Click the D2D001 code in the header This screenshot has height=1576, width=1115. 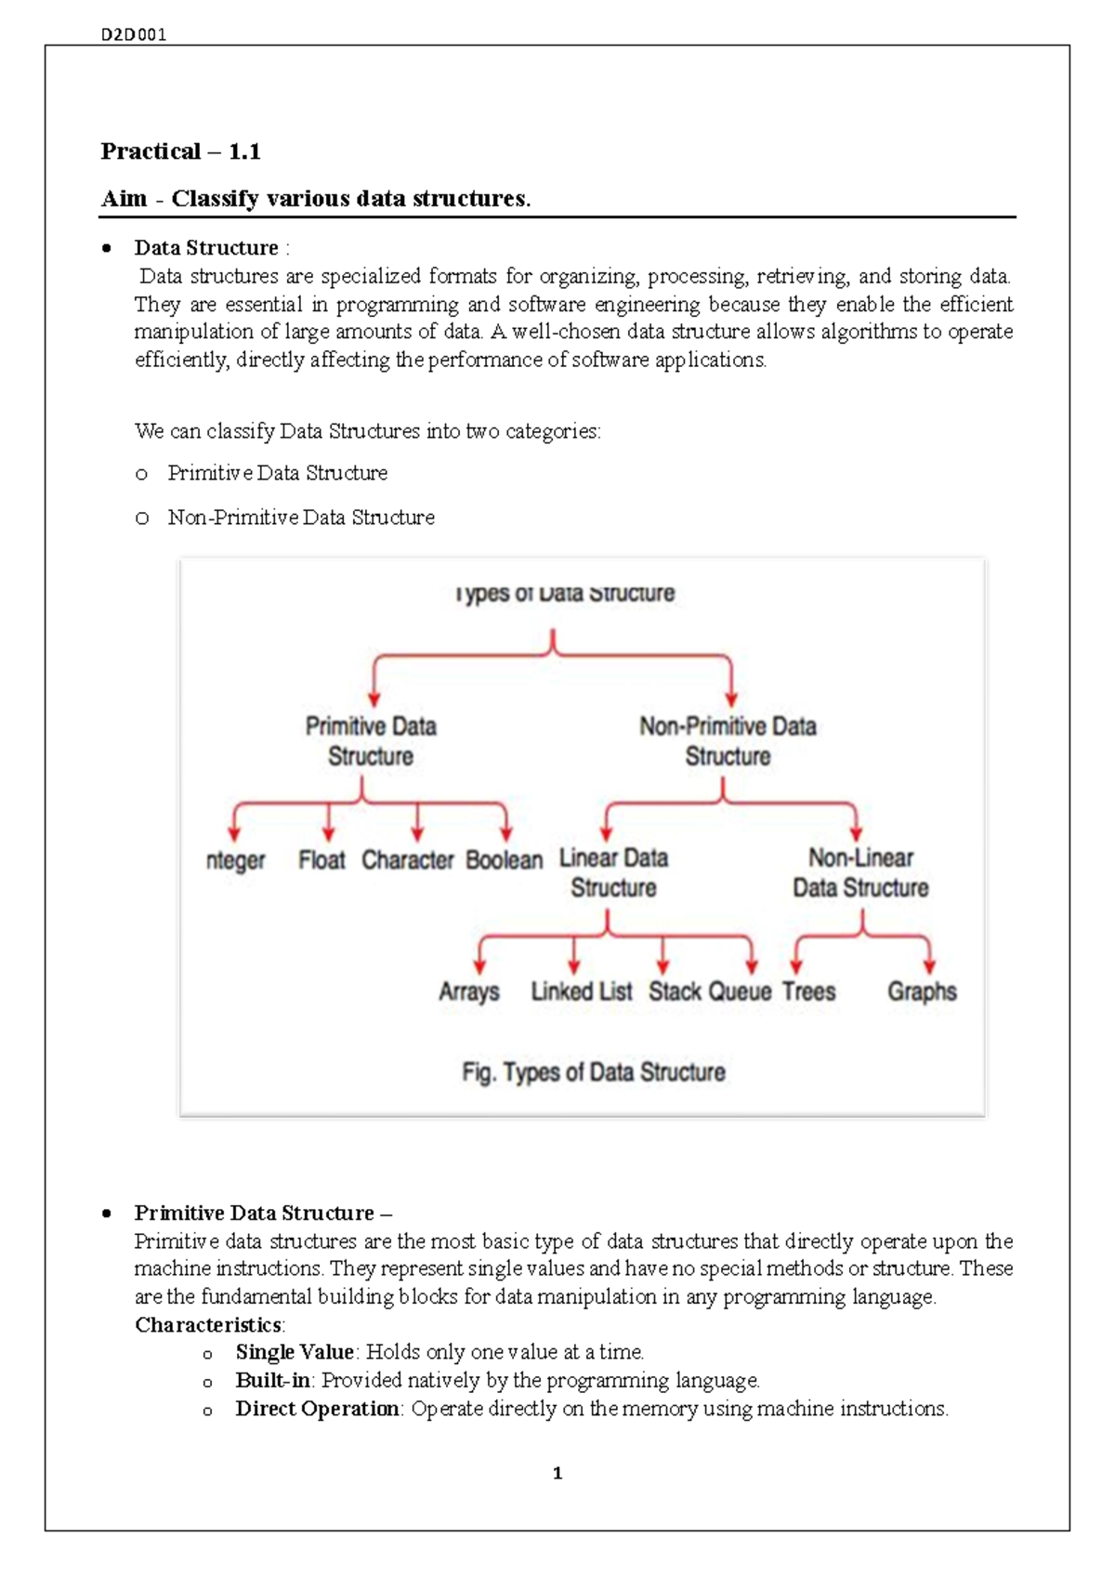pyautogui.click(x=134, y=35)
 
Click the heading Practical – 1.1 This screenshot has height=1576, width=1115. pyautogui.click(x=180, y=151)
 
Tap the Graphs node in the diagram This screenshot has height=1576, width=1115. pyautogui.click(x=921, y=992)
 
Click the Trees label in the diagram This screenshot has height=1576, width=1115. pyautogui.click(x=808, y=992)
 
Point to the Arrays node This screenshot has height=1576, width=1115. pyautogui.click(x=468, y=992)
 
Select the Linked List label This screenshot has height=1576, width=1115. pyautogui.click(x=582, y=992)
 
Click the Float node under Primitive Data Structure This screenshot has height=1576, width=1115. pyautogui.click(x=321, y=860)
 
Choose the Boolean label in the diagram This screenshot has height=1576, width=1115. pyautogui.click(x=504, y=860)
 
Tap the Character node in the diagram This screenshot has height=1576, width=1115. pyautogui.click(x=408, y=860)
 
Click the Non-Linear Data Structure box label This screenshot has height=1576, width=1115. pyautogui.click(x=860, y=873)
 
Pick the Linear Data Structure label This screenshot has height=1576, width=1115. pyautogui.click(x=613, y=873)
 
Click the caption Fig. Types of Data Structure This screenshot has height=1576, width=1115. pyautogui.click(x=594, y=1072)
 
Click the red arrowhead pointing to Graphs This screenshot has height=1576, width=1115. pyautogui.click(x=929, y=967)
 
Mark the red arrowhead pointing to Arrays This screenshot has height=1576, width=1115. pyautogui.click(x=479, y=967)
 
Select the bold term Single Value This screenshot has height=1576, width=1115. pyautogui.click(x=294, y=1352)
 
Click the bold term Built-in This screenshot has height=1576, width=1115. pyautogui.click(x=272, y=1380)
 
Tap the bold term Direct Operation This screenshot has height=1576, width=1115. pyautogui.click(x=317, y=1409)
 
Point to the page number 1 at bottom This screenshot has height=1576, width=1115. pyautogui.click(x=557, y=1473)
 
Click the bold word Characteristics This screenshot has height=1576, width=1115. pyautogui.click(x=208, y=1325)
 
